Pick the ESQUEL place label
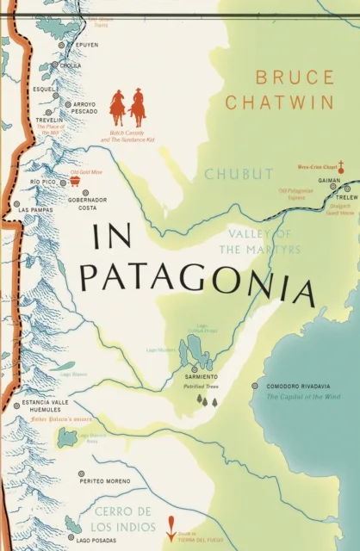coord(43,88)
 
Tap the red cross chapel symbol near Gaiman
coord(342,165)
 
